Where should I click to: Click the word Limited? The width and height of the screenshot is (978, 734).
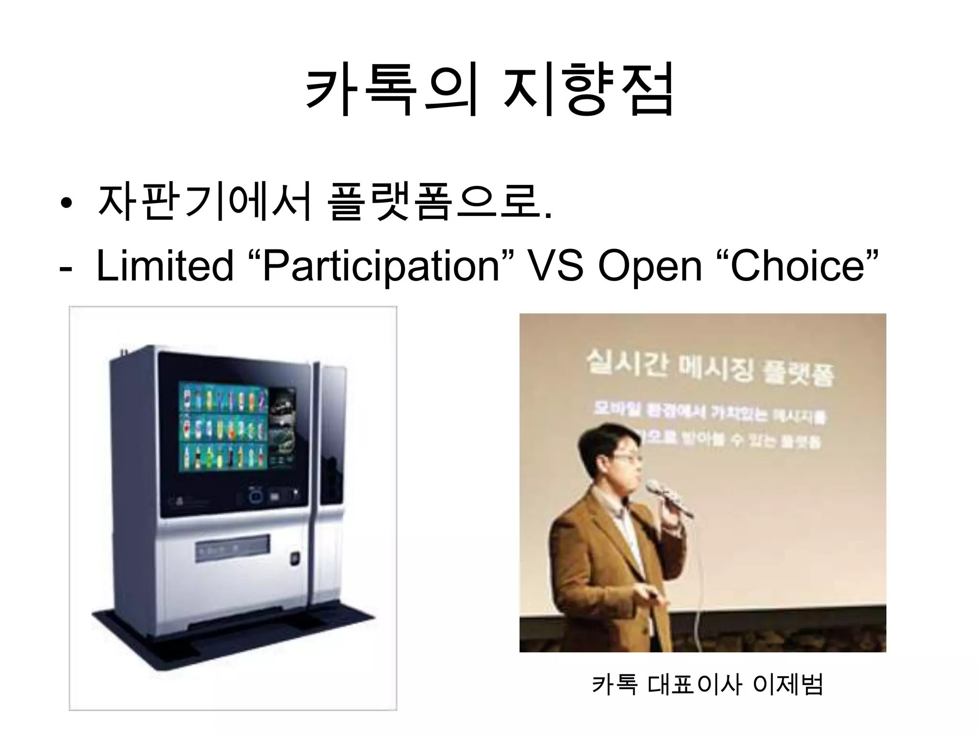[165, 266]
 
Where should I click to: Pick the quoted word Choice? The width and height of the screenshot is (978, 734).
[797, 266]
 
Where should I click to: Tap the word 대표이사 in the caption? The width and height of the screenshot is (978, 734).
[695, 684]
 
